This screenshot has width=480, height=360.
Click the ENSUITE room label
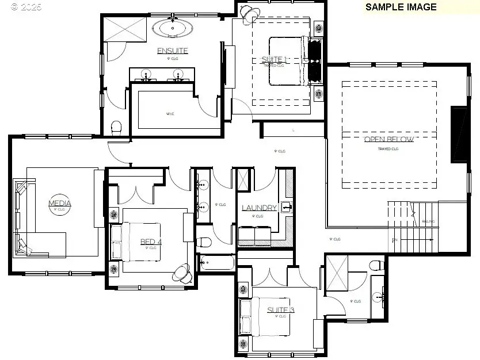coord(172,51)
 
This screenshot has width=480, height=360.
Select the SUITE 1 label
coord(274,59)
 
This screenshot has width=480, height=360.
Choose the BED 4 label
coord(151,242)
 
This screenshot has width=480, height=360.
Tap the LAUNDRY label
coord(259,208)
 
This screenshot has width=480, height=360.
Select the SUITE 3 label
coord(280,311)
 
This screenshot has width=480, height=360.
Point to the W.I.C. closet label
coord(170,114)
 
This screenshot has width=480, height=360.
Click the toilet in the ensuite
coord(116,127)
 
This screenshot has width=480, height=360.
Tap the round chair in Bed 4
coord(184,273)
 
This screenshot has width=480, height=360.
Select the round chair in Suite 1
coord(248,12)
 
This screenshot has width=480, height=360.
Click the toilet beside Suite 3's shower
coord(376,265)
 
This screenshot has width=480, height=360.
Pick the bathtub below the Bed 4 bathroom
coord(216,263)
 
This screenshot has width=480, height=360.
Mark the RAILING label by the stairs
coord(428,221)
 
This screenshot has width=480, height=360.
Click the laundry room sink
coord(286,206)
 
